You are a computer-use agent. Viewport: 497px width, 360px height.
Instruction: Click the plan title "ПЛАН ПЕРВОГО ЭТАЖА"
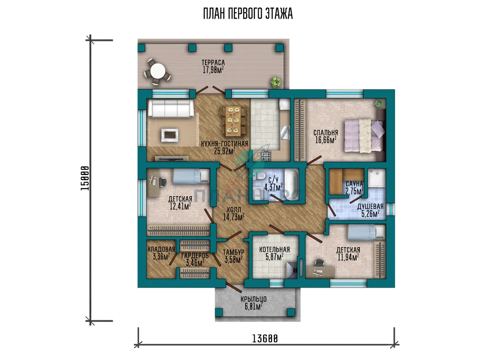pos(248,14)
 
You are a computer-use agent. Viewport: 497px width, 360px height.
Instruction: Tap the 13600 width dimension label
pos(265,339)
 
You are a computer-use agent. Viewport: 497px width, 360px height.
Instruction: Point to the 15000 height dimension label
pos(85,178)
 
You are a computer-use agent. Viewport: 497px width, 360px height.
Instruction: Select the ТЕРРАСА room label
pos(213,63)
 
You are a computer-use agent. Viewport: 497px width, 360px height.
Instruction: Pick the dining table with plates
pos(233,121)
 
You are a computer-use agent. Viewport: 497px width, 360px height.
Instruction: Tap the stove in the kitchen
pos(266,156)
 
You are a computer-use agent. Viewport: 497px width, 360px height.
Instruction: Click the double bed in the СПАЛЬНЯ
pos(364,136)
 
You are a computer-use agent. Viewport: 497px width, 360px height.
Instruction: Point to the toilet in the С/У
pos(259,176)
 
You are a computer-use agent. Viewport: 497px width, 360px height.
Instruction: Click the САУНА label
pos(355,184)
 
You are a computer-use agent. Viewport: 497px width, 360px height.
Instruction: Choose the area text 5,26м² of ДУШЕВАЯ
pos(370,214)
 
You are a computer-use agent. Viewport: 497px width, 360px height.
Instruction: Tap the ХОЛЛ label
pos(234,210)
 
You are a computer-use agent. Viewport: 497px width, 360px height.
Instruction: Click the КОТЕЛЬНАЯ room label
pos(275,250)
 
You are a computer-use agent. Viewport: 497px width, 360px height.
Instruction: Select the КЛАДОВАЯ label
pos(161,249)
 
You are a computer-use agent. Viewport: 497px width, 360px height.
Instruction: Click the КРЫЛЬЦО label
pos(253,299)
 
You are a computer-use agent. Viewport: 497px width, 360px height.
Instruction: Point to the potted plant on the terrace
pos(276,82)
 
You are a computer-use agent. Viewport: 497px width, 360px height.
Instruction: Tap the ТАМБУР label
pos(234,252)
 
